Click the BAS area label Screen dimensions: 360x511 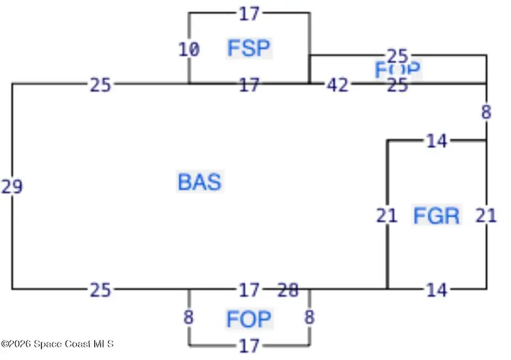click(x=199, y=182)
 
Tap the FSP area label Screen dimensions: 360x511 click(x=249, y=48)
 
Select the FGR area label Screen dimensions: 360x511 click(x=436, y=216)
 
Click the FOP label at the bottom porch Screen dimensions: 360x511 click(x=249, y=319)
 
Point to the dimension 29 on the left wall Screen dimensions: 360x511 click(x=12, y=186)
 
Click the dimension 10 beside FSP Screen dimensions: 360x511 click(x=189, y=50)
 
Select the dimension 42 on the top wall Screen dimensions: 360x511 click(x=337, y=85)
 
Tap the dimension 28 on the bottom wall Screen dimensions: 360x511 click(x=288, y=291)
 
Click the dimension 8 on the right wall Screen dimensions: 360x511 click(x=486, y=112)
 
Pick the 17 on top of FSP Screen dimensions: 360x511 click(x=249, y=14)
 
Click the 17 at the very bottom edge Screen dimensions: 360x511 click(x=249, y=345)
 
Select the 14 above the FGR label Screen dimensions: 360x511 click(x=436, y=141)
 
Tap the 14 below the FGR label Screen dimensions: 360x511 click(x=436, y=291)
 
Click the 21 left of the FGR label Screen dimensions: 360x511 click(x=387, y=216)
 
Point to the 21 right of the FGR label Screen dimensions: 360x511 click(x=486, y=216)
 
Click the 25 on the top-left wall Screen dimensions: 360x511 click(x=100, y=85)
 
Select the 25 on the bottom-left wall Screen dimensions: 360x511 click(x=100, y=291)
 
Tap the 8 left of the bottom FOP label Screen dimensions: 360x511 click(x=189, y=317)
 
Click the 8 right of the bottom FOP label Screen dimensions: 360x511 click(x=309, y=317)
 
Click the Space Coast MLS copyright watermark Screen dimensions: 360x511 click(x=57, y=344)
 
